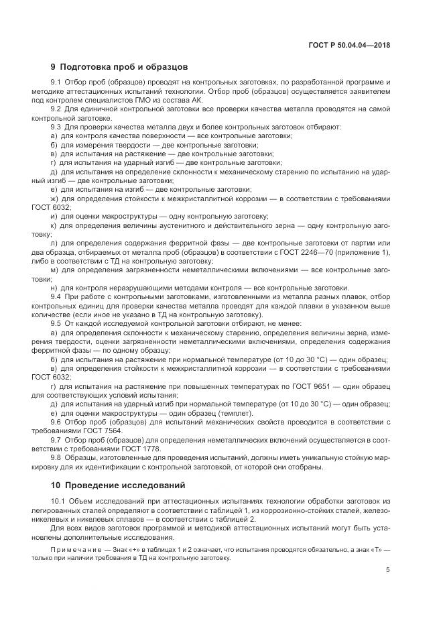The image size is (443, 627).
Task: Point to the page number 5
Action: click(x=388, y=571)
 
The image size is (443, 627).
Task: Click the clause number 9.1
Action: click(x=56, y=82)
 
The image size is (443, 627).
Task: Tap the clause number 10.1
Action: click(x=58, y=501)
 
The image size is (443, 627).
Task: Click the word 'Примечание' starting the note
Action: click(x=74, y=549)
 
